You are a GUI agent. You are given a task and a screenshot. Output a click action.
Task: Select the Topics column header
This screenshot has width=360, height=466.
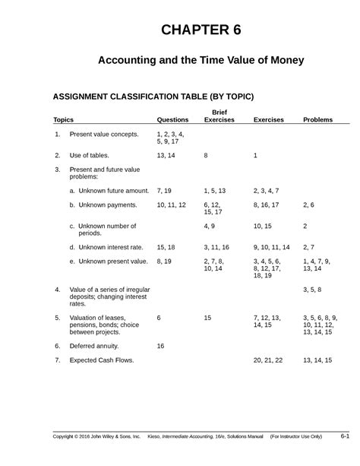(63, 120)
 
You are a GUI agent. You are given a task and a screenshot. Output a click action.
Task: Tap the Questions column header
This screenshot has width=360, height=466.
(172, 120)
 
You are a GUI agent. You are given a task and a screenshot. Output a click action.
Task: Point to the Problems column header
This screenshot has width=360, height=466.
(317, 120)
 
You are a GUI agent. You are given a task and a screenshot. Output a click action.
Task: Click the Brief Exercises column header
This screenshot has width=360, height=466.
(219, 116)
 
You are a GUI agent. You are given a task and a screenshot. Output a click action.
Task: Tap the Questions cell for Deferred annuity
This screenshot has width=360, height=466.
(160, 345)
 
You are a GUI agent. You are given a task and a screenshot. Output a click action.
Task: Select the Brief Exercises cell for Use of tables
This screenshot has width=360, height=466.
(206, 155)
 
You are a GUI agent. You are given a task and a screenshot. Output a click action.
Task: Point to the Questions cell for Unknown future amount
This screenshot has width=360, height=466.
(165, 191)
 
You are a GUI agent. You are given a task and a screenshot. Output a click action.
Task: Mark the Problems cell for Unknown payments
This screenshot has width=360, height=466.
(308, 205)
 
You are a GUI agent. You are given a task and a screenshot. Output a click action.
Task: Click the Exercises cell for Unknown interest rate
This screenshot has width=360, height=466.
(271, 247)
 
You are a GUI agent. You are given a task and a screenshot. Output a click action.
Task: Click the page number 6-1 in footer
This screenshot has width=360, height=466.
(344, 436)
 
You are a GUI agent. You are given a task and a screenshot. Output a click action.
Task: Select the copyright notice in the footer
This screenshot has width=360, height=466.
(96, 436)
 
